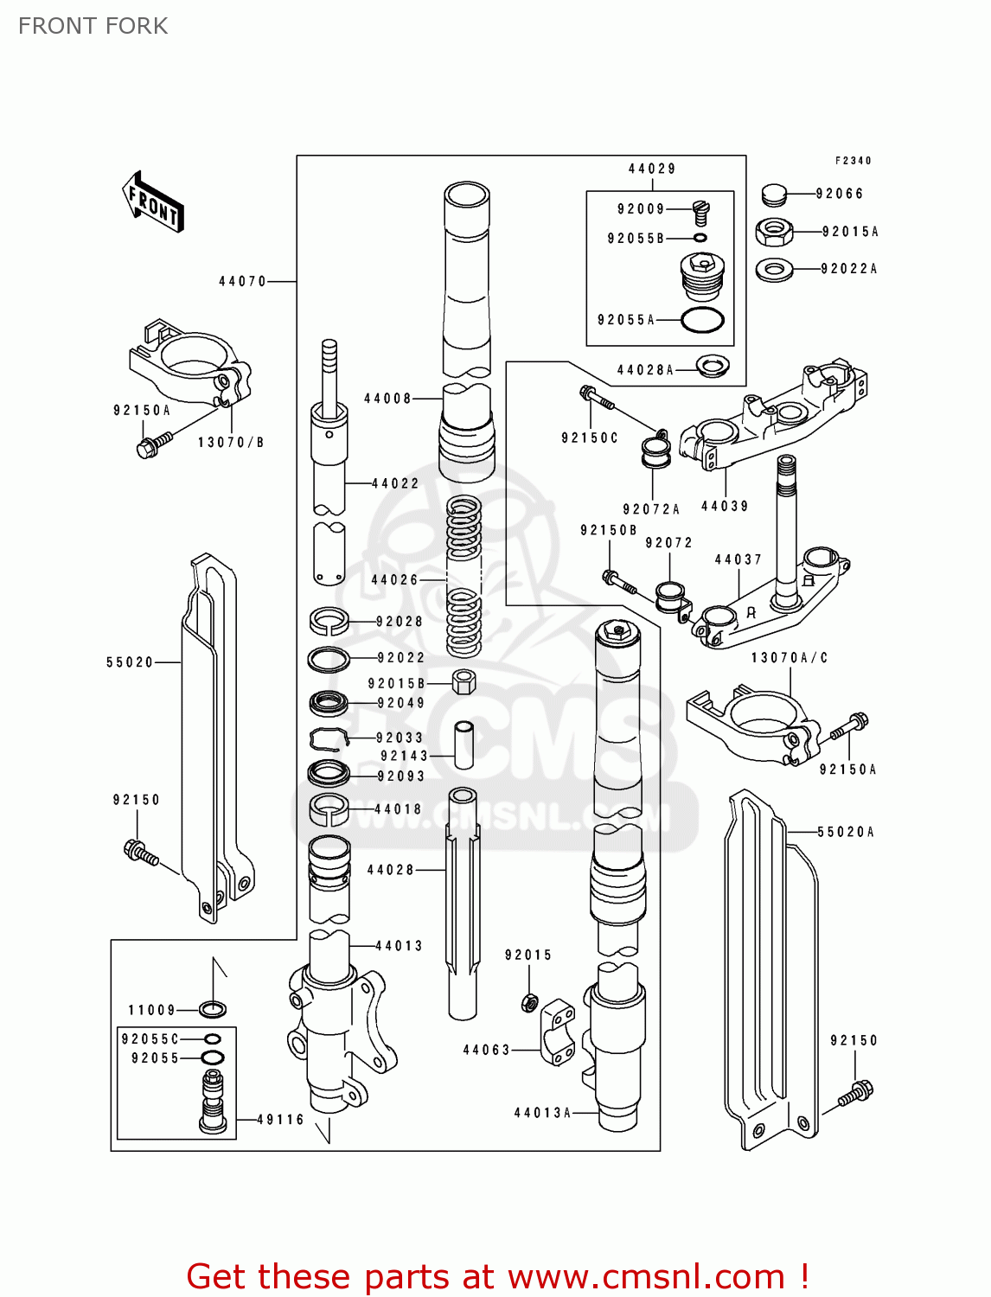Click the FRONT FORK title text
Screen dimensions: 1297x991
coord(93,26)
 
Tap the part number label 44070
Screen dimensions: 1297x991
coord(242,281)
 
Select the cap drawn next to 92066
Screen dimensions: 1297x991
coord(775,195)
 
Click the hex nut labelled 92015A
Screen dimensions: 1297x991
coord(774,232)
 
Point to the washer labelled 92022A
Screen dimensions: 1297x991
coord(774,270)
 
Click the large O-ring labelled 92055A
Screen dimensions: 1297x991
coord(702,320)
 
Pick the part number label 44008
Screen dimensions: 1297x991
coord(387,399)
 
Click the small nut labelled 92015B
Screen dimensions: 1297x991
coord(464,681)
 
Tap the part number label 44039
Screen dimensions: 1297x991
coord(725,507)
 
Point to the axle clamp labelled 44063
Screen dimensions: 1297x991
coord(557,1033)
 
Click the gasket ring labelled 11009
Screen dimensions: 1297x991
coord(213,1009)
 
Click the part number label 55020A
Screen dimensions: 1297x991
coord(846,832)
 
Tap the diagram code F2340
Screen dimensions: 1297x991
coord(853,161)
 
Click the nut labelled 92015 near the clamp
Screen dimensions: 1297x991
coord(529,1003)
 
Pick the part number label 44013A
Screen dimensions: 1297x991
coord(542,1113)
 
